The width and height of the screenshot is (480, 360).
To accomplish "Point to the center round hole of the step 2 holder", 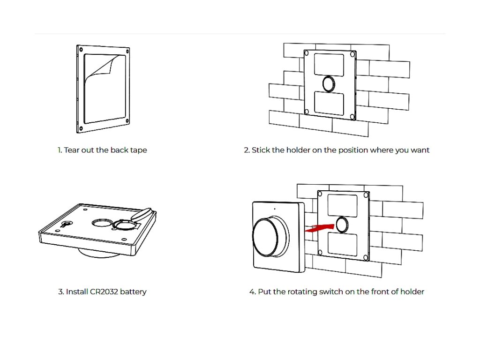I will click(x=329, y=83).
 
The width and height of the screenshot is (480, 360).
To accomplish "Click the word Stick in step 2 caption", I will click(x=262, y=150).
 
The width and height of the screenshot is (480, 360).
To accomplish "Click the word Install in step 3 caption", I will click(x=76, y=292).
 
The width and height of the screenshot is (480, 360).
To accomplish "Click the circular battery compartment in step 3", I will click(x=125, y=226).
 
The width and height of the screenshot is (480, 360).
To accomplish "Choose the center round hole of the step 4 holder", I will click(x=342, y=225).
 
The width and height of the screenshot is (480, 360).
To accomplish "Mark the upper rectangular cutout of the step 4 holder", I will click(x=342, y=204).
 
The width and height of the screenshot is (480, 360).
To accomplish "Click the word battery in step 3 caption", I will click(x=134, y=292).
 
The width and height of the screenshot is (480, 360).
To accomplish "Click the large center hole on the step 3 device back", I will click(x=100, y=223).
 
